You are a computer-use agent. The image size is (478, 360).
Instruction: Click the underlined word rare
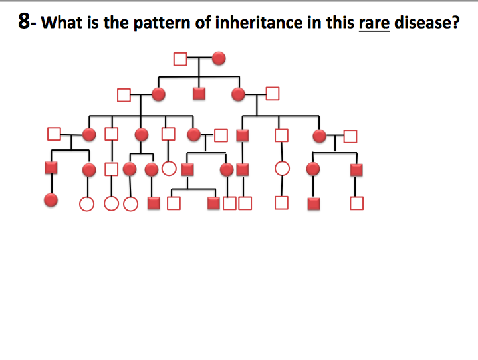(374, 23)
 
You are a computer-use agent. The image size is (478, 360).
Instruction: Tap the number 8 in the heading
(24, 21)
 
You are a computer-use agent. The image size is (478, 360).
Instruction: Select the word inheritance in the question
(259, 23)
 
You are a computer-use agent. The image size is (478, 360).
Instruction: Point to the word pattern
(162, 23)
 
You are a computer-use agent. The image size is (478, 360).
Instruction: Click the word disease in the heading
(423, 23)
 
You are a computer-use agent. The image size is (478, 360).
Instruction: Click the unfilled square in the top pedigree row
(180, 59)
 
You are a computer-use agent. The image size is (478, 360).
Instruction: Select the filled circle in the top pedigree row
(219, 58)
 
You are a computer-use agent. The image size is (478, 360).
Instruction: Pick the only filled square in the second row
(199, 94)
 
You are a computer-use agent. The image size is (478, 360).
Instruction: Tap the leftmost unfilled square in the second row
(124, 95)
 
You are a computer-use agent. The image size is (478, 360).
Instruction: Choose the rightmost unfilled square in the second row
(273, 94)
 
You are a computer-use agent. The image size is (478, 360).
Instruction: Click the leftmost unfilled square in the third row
(54, 134)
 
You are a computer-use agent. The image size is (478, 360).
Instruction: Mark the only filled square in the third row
(243, 135)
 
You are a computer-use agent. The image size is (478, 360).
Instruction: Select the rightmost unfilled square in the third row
(350, 136)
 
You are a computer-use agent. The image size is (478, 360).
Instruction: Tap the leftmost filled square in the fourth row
(51, 167)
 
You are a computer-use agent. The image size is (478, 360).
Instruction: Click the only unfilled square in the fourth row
(111, 169)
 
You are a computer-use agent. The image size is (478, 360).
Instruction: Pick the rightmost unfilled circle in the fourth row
(282, 169)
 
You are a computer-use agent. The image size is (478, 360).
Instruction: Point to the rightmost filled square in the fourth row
(356, 170)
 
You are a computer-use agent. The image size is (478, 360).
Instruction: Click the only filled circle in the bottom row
(51, 200)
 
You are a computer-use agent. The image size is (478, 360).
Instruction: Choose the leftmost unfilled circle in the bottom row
(86, 204)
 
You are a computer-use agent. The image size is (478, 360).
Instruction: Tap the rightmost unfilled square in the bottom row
(356, 203)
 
